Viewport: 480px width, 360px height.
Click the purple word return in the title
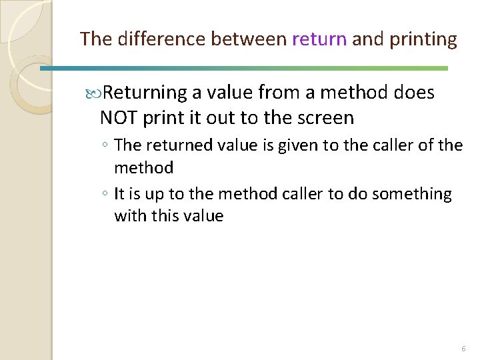coord(319,39)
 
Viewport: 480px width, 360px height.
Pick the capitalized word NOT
coord(118,118)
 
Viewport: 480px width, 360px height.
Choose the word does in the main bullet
coord(415,93)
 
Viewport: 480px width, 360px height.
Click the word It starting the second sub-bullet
coord(119,194)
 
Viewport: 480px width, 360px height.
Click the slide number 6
coord(463,349)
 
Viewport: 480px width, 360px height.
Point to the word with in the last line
coord(128,216)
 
